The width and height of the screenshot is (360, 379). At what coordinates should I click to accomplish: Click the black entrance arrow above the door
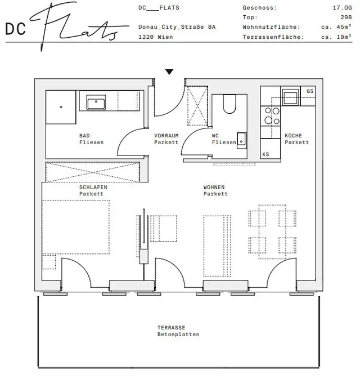tap(169, 72)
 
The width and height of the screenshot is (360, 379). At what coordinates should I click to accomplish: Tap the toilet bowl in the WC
tap(229, 104)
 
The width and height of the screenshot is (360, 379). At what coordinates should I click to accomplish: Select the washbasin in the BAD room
tap(96, 102)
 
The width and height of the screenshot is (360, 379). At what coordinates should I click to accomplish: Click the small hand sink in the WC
tap(242, 140)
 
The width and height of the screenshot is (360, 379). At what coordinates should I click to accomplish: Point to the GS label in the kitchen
tap(310, 91)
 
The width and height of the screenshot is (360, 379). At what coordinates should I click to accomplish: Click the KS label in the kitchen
tap(265, 154)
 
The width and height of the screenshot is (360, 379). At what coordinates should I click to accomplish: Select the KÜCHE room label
tap(293, 136)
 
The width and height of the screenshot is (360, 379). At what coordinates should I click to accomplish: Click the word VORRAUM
tap(166, 136)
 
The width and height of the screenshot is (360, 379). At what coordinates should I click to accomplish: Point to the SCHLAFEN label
tap(93, 187)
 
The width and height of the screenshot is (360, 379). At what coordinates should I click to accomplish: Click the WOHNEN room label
tap(214, 187)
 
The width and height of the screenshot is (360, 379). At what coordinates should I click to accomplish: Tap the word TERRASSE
tap(171, 328)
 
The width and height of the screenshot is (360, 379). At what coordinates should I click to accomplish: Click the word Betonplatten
tap(178, 335)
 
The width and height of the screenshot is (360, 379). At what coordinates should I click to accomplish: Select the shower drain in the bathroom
tap(61, 107)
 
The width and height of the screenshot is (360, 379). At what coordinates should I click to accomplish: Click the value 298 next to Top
tap(346, 17)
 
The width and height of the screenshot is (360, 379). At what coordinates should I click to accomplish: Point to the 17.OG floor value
tap(342, 7)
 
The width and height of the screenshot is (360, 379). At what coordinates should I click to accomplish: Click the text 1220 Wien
tap(155, 37)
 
